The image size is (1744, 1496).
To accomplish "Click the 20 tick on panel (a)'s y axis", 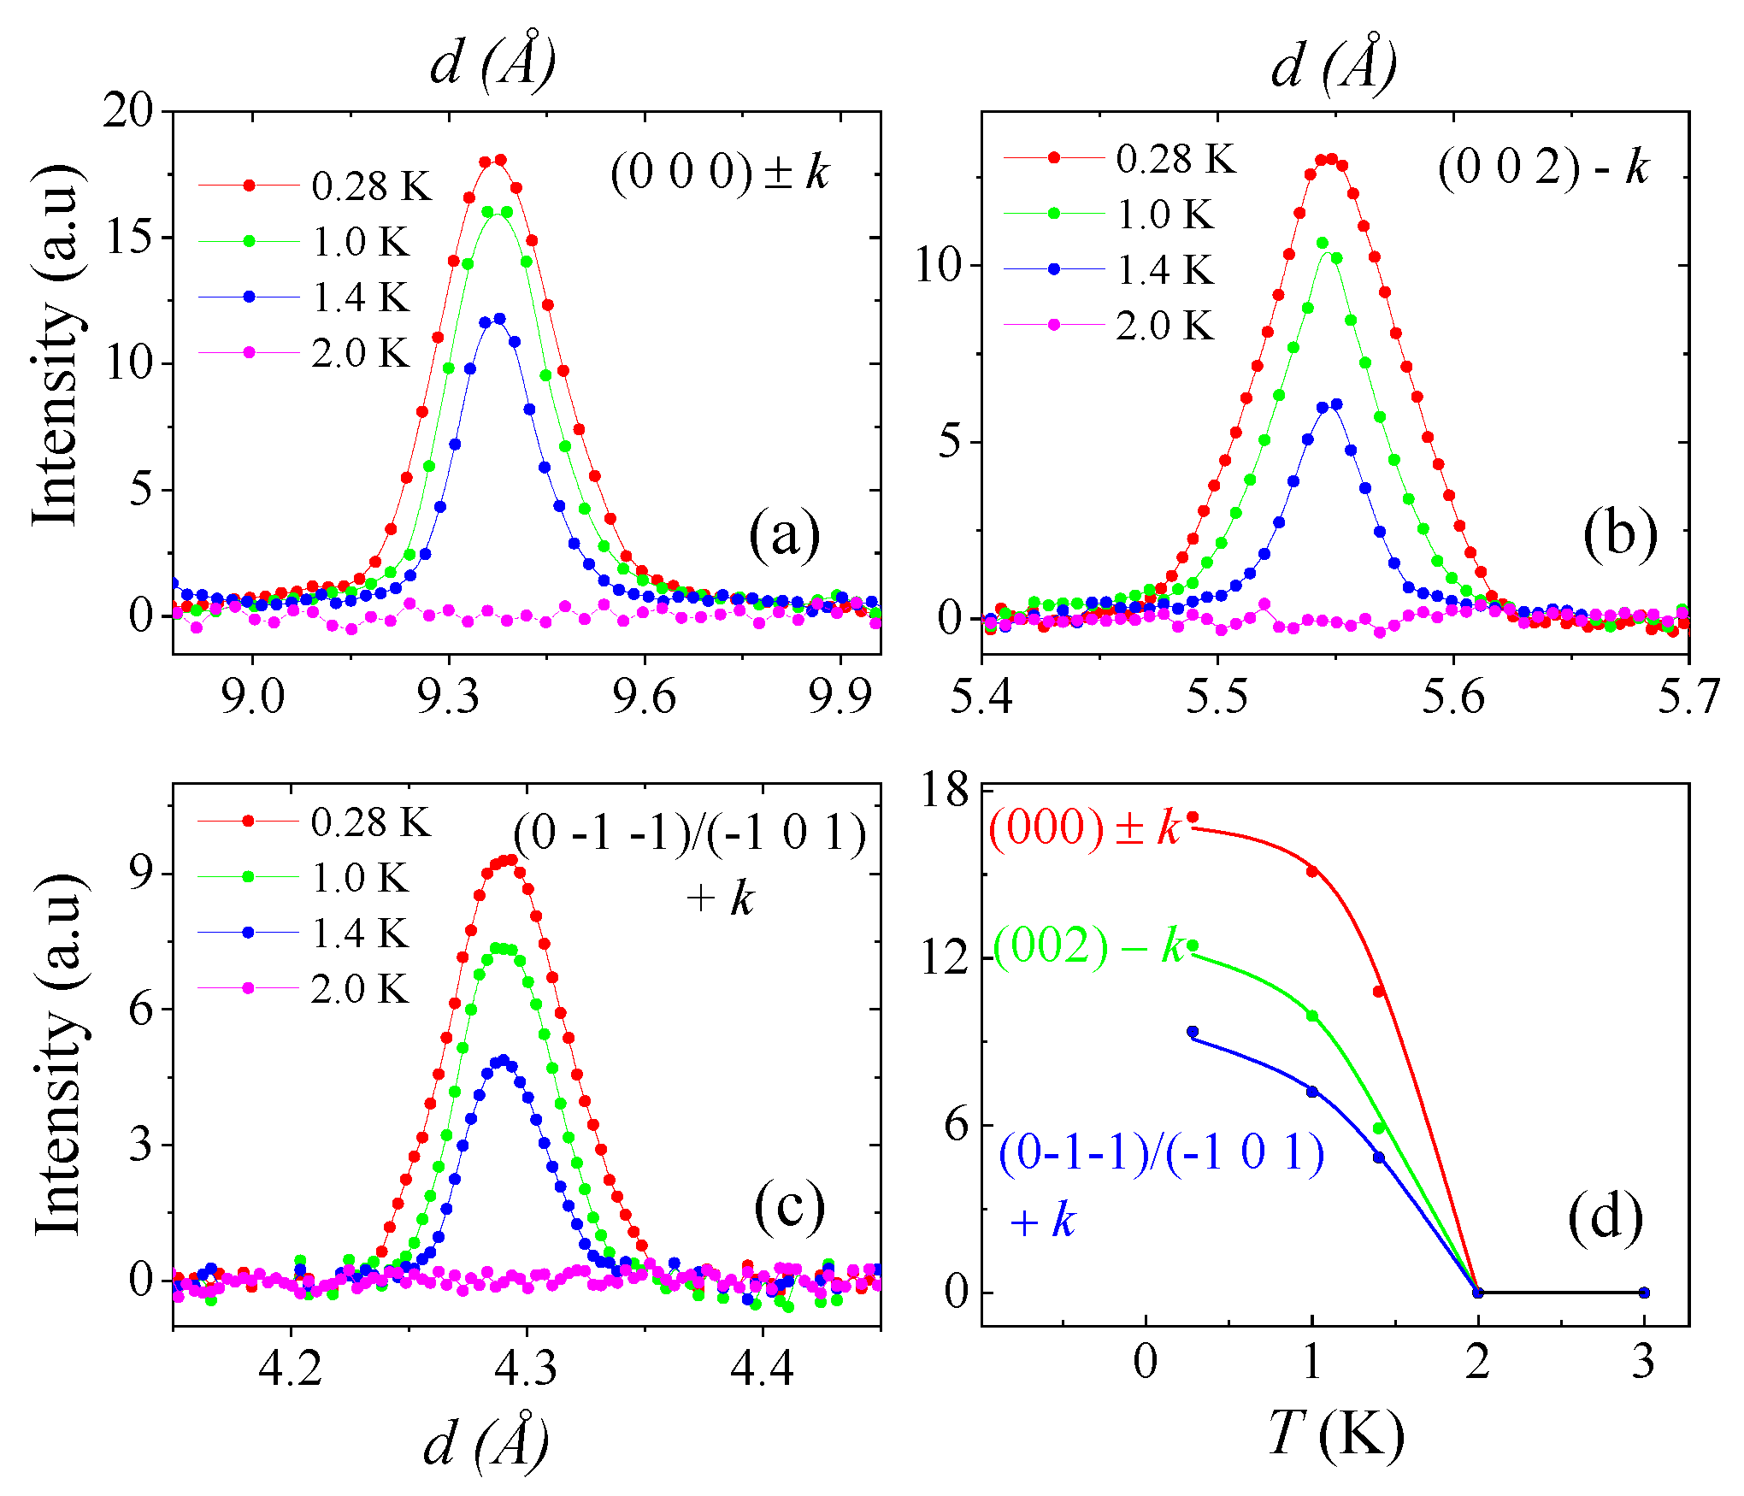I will coord(127,111).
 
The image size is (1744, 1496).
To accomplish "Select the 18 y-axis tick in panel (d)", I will coord(945,789).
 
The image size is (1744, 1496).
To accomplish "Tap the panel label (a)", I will coord(784,536).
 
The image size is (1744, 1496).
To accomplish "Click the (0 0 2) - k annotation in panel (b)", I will coord(1543,167).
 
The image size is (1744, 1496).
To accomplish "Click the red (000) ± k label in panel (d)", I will coord(1084,828).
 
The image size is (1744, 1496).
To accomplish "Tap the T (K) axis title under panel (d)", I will coord(1336,1434).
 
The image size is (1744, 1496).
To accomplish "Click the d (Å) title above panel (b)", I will coord(1334,64).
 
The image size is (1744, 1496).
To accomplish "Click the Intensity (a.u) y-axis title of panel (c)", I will coord(58,1055).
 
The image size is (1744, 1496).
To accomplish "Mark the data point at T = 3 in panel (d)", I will coord(1644,1293).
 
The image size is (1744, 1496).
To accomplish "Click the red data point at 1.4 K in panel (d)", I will coord(1379,992).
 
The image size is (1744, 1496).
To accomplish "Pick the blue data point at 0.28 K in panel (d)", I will coord(1193,1032).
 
